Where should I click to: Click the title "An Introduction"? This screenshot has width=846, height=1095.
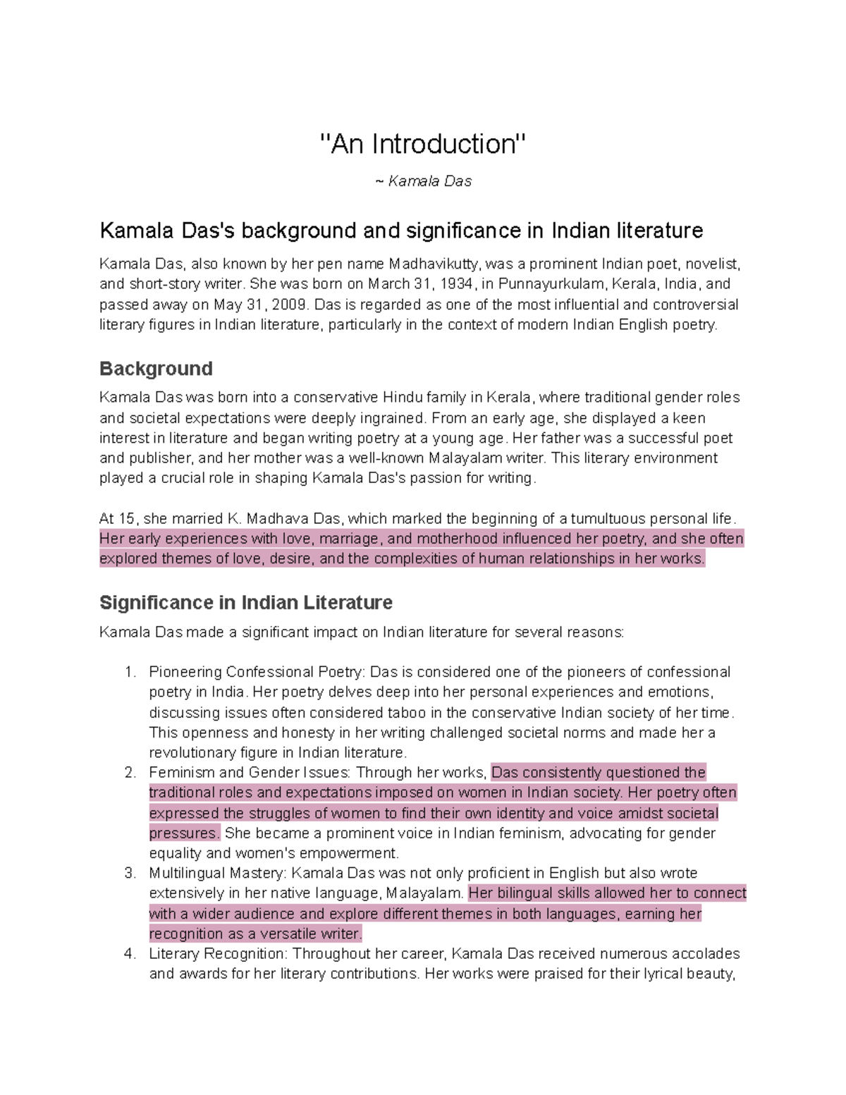423,144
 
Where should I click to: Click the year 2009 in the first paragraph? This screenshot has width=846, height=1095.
290,305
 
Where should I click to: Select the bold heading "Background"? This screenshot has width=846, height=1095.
156,369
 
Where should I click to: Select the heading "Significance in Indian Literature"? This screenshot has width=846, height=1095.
245,603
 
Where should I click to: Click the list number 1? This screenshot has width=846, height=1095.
130,672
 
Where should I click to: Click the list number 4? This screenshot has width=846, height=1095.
130,954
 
